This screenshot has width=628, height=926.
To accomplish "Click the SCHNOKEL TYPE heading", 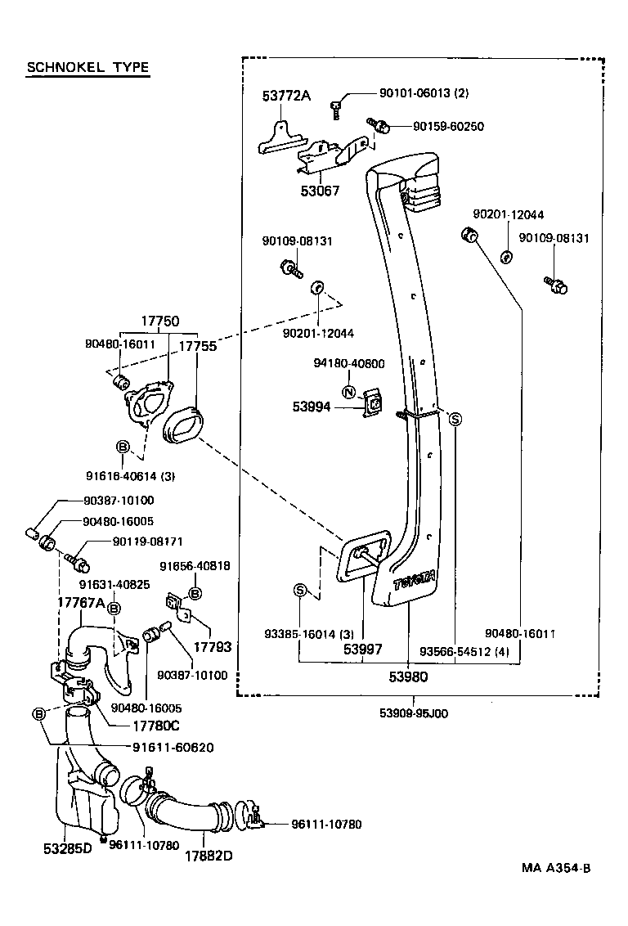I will [x=88, y=67].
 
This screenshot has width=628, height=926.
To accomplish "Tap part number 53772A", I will [x=287, y=95].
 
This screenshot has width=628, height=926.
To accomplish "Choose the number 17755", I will [x=197, y=346].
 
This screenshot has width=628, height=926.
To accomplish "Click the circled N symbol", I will [x=348, y=392].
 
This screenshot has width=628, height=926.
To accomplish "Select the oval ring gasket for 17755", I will [x=182, y=425].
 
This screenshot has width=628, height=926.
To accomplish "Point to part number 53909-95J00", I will [x=414, y=712].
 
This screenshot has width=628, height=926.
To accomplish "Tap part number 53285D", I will [x=68, y=848].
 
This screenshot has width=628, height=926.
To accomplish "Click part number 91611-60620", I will [x=173, y=747].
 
